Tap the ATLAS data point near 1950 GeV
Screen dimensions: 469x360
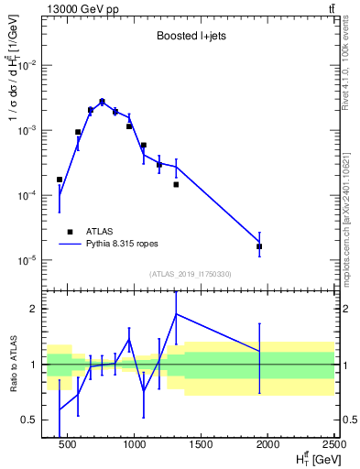pos(259,246)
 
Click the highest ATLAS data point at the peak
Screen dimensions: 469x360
pos(102,102)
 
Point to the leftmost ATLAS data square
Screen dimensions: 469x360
pos(60,180)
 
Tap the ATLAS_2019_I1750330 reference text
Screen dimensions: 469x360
pos(191,274)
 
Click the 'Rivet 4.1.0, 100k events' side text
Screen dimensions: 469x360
pos(350,66)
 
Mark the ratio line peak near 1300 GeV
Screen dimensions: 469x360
pos(176,314)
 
